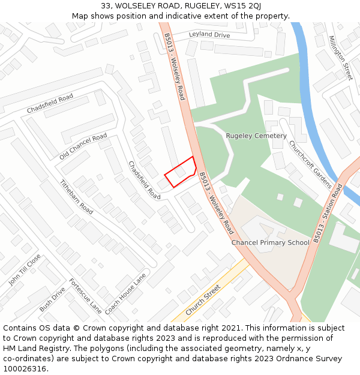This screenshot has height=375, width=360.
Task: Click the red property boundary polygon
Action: (181, 172)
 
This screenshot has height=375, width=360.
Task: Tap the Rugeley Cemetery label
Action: (256, 136)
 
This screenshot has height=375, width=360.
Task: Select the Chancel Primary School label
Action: (271, 242)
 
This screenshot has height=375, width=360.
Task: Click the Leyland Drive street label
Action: (209, 35)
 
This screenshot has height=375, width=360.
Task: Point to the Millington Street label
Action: (340, 58)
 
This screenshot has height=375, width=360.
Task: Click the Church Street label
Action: (203, 300)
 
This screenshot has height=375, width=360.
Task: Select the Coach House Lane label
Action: (125, 295)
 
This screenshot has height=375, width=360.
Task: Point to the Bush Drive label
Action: (52, 299)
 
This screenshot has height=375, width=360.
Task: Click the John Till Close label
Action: (25, 269)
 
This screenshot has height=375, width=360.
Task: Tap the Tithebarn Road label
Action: (76, 197)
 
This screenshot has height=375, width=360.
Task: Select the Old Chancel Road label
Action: (83, 146)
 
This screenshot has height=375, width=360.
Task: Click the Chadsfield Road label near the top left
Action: (50, 104)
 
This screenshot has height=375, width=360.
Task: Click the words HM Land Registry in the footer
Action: (33, 348)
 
